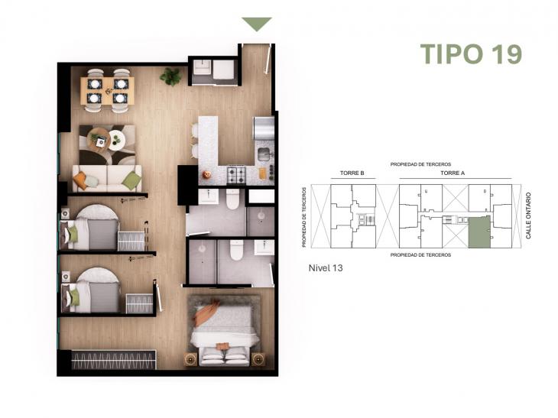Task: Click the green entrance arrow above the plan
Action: tap(257, 24)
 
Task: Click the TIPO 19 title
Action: tap(470, 54)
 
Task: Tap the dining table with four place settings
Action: tap(107, 89)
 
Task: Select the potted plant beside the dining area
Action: tap(170, 76)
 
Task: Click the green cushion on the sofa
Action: tap(131, 180)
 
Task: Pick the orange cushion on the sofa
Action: tap(80, 180)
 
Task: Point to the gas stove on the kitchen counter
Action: tap(236, 175)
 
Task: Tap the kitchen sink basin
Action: tap(264, 155)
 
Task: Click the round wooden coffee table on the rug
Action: tap(116, 140)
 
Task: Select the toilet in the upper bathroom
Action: tap(232, 198)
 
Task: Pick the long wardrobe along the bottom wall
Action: tap(113, 360)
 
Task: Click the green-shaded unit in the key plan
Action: tap(479, 232)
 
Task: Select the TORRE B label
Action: tap(352, 173)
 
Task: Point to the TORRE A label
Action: tap(452, 173)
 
